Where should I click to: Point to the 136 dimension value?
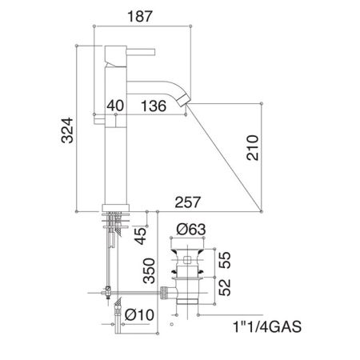[x=153, y=104]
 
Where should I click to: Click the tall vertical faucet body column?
[x=110, y=144]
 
